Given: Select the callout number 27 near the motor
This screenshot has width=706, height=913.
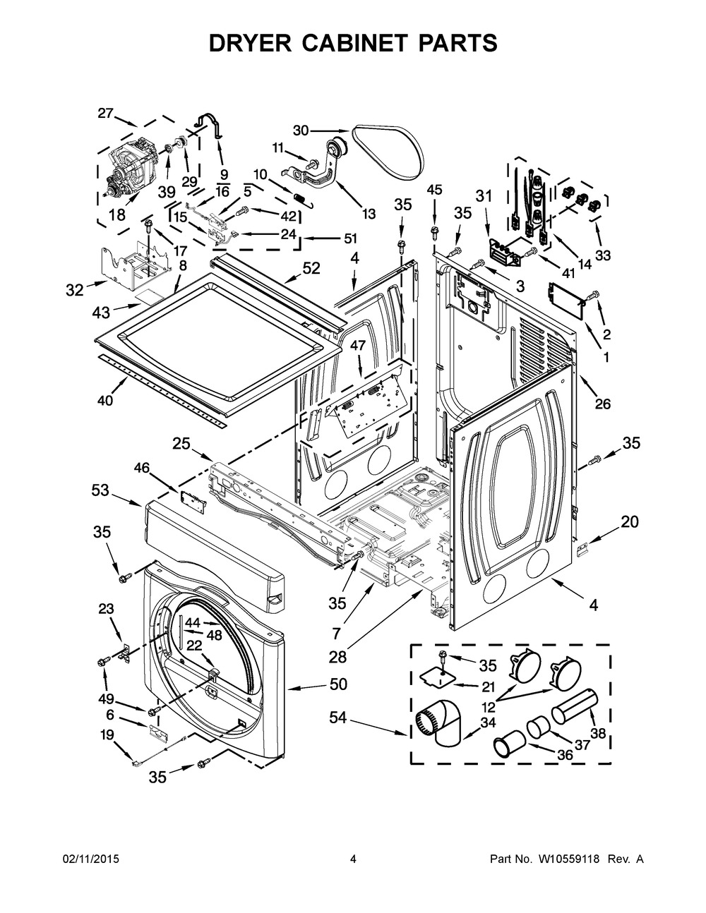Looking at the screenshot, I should point(105,113).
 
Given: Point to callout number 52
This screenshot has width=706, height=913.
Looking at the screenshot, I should point(311,267).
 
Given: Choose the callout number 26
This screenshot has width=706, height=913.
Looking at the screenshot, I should point(602,404).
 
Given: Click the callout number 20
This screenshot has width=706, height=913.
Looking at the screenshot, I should point(629,521).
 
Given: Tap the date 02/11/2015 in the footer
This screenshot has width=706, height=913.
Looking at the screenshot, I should point(91,859).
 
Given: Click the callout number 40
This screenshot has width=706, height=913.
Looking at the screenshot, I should point(105,401).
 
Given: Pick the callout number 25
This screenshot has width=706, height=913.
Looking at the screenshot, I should point(181,443).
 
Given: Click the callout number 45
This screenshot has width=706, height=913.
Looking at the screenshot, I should point(434,189).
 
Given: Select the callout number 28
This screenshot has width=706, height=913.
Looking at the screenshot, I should point(337,656).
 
